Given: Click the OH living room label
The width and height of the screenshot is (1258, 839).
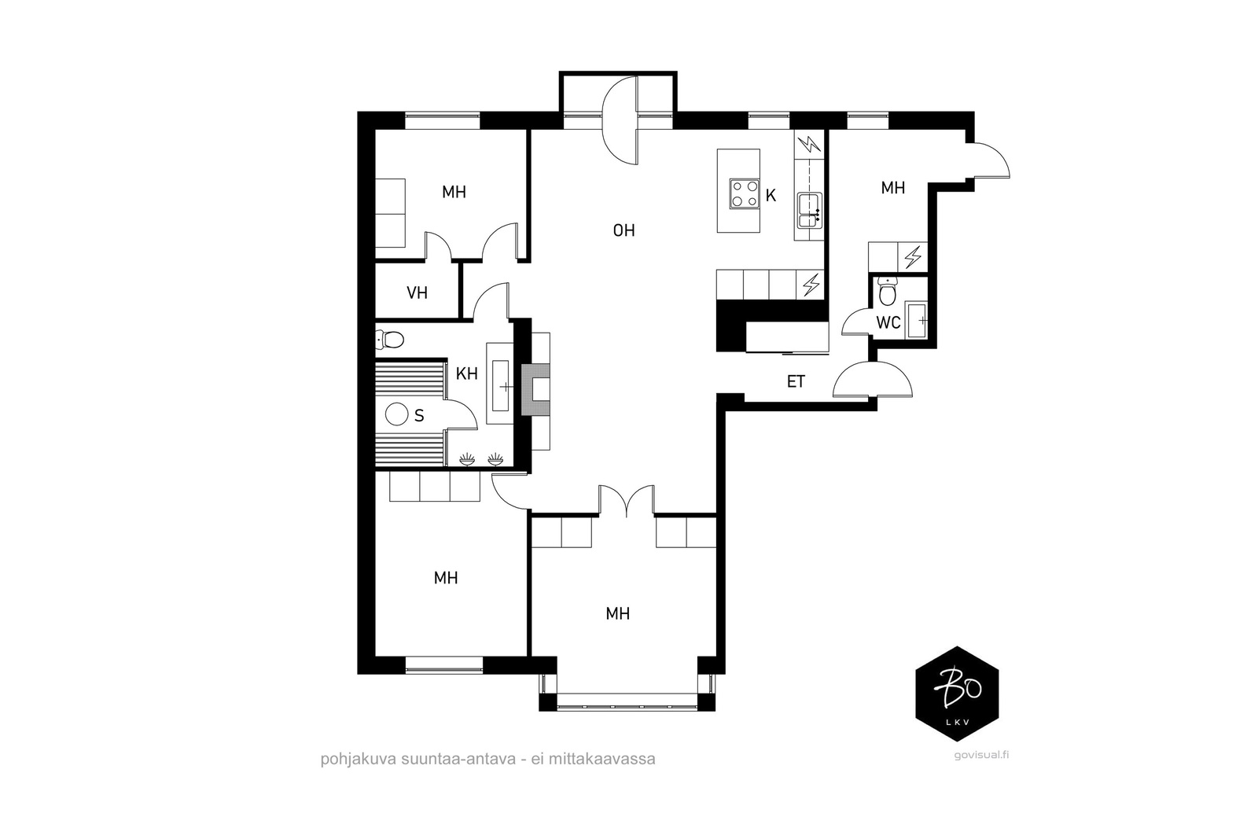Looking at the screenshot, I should (x=623, y=230).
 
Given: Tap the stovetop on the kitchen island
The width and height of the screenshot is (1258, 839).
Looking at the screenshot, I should (x=744, y=194).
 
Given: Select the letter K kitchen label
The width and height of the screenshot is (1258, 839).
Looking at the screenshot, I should (x=771, y=196).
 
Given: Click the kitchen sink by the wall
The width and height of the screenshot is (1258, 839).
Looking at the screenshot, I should (x=809, y=210).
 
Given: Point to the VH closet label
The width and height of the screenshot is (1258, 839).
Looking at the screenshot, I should (x=417, y=293).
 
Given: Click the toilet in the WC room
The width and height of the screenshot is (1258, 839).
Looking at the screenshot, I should (x=888, y=293).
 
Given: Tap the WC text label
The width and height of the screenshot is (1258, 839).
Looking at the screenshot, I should (x=888, y=323).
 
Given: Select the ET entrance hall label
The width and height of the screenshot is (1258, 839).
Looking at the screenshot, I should (x=796, y=382).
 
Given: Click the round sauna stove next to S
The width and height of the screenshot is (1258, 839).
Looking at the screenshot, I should (x=397, y=414).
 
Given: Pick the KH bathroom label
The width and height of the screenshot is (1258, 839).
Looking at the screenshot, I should (x=467, y=374).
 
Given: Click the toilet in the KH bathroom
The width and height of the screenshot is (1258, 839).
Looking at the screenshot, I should (x=391, y=340).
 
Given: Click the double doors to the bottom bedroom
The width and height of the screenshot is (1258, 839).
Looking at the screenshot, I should (x=627, y=502).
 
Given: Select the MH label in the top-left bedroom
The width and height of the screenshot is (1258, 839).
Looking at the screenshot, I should (x=454, y=192).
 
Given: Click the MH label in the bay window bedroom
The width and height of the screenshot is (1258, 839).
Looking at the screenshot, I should (x=618, y=613).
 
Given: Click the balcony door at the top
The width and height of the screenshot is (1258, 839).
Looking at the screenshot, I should (x=619, y=120).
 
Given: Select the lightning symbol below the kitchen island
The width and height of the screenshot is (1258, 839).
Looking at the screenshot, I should (x=810, y=284).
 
